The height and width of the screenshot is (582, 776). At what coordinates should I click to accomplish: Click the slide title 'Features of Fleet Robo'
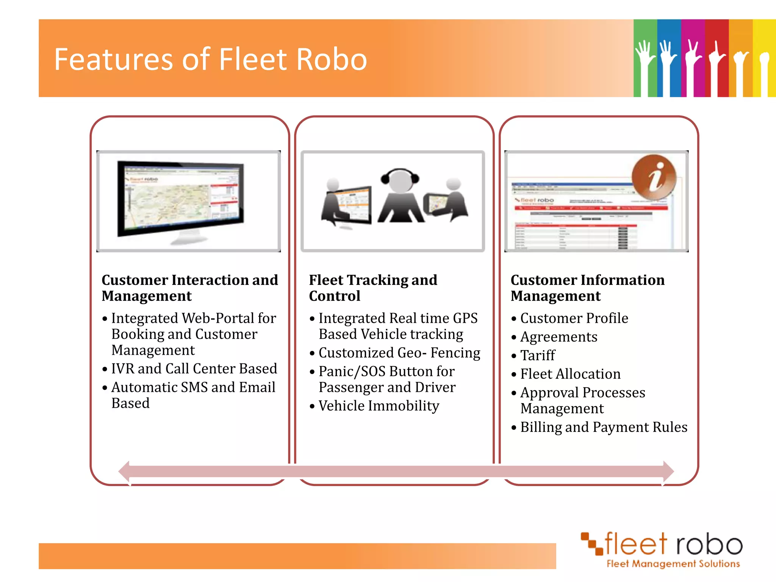pos(210,59)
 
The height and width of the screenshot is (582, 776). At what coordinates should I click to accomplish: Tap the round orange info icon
pos(654,177)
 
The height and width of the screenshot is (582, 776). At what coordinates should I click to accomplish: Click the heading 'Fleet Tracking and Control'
pos(373,288)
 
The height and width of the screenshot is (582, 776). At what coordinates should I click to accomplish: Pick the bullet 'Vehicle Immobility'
pos(379,406)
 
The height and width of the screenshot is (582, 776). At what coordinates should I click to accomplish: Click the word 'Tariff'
pos(537,355)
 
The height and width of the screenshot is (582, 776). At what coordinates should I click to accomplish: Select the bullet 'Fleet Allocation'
pos(570,374)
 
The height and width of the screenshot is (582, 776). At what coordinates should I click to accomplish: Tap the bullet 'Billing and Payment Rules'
pos(603,427)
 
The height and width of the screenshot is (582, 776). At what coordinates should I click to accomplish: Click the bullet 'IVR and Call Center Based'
pos(194,369)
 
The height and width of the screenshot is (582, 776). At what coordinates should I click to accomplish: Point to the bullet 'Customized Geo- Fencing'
pos(399,353)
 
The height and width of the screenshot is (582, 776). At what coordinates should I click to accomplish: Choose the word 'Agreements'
pos(559,337)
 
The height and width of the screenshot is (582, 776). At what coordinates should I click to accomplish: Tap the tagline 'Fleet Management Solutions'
pos(673,564)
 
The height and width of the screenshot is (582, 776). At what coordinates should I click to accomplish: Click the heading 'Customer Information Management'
pos(587,288)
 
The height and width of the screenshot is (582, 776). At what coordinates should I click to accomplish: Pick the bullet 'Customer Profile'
pos(574,318)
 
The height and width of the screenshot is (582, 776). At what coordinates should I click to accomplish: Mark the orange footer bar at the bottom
pos(297,556)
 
